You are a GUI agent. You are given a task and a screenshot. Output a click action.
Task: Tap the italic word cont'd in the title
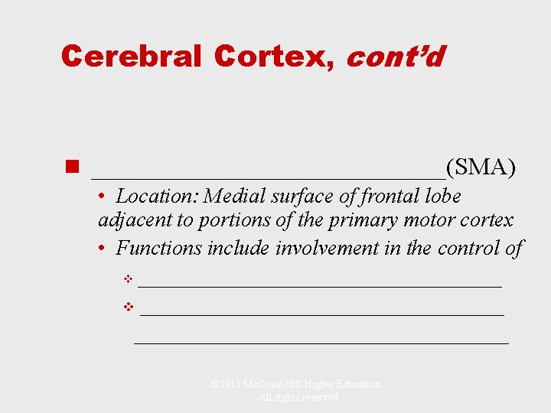pyautogui.click(x=395, y=56)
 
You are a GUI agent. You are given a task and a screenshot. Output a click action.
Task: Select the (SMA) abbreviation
pyautogui.click(x=481, y=167)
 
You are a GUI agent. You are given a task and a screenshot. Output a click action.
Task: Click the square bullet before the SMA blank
pyautogui.click(x=73, y=167)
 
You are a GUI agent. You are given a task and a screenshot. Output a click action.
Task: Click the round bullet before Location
pyautogui.click(x=103, y=197)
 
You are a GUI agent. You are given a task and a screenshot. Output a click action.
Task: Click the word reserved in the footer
pyautogui.click(x=319, y=398)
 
